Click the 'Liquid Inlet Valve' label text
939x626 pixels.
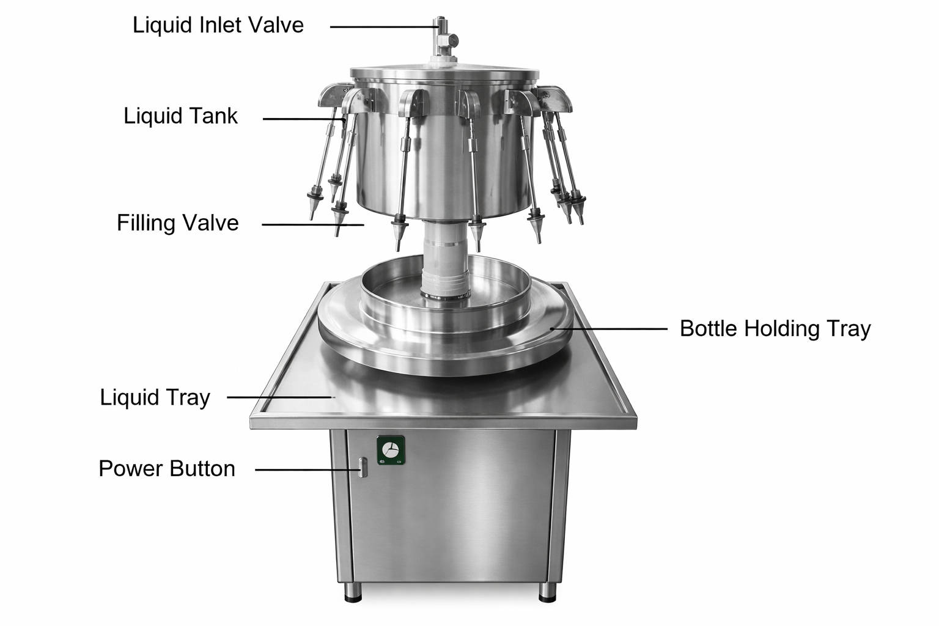pyautogui.click(x=218, y=25)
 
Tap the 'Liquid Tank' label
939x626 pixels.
pyautogui.click(x=180, y=116)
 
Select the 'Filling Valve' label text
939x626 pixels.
pyautogui.click(x=178, y=223)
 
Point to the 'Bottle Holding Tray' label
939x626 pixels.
pyautogui.click(x=775, y=329)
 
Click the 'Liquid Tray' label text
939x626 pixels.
pyautogui.click(x=155, y=397)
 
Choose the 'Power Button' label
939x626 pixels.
pyautogui.click(x=167, y=468)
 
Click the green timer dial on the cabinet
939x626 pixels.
pyautogui.click(x=391, y=451)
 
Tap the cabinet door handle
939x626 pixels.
pyautogui.click(x=363, y=467)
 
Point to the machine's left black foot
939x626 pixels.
pyautogui.click(x=353, y=592)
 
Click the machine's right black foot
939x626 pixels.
pyautogui.click(x=547, y=592)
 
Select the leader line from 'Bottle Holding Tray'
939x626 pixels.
pyautogui.click(x=609, y=329)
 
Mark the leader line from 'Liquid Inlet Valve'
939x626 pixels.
pyautogui.click(x=385, y=27)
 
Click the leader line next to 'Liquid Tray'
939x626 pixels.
pyautogui.click(x=281, y=397)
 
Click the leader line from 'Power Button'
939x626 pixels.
pyautogui.click(x=307, y=469)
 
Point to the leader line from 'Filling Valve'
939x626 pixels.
pyautogui.click(x=313, y=225)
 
